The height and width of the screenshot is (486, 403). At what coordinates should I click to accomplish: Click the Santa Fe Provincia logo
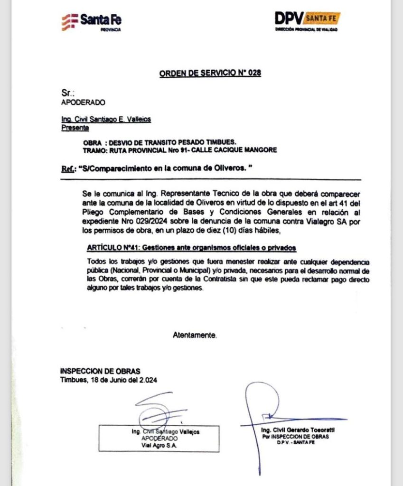coord(91,21)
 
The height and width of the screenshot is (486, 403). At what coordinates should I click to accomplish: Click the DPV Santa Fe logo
coord(307,21)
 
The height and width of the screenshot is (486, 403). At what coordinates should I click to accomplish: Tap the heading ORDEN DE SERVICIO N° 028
coord(210,73)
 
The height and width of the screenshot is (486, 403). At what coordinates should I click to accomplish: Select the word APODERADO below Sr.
coord(83,102)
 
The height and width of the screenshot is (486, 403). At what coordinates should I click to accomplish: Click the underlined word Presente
coord(75,127)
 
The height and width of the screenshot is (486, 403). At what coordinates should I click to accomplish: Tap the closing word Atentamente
coord(195,335)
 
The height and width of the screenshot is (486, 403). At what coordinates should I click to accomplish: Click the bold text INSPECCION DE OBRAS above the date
coord(100,371)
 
